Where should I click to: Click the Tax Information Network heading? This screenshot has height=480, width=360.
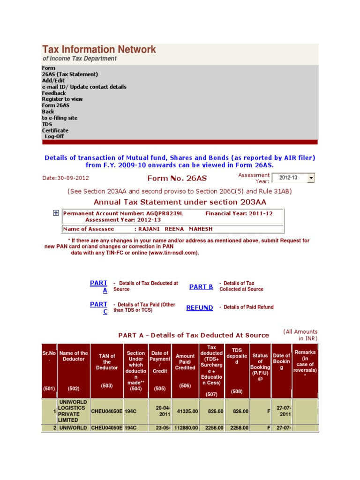tap(99, 50)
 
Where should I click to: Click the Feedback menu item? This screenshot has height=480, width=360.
tap(54, 93)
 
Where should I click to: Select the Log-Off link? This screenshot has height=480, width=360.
tap(54, 136)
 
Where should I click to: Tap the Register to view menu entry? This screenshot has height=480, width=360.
tap(62, 99)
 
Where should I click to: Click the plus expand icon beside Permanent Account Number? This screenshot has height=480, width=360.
tap(56, 213)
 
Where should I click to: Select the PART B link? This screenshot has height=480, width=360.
tap(201, 287)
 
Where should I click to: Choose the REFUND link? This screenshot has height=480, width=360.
tap(200, 307)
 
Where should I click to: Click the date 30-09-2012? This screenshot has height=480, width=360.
tap(66, 178)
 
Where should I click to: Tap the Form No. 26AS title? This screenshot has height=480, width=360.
tap(177, 178)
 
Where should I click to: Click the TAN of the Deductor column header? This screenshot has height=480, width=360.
tap(107, 362)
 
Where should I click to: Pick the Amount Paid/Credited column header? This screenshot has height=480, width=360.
tap(185, 362)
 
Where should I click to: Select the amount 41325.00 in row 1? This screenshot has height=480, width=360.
tap(187, 411)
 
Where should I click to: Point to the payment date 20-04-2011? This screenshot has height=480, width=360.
tap(163, 411)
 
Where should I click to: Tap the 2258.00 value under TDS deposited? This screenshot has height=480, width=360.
tap(239, 428)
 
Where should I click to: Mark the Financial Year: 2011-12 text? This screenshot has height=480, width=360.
tap(239, 213)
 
